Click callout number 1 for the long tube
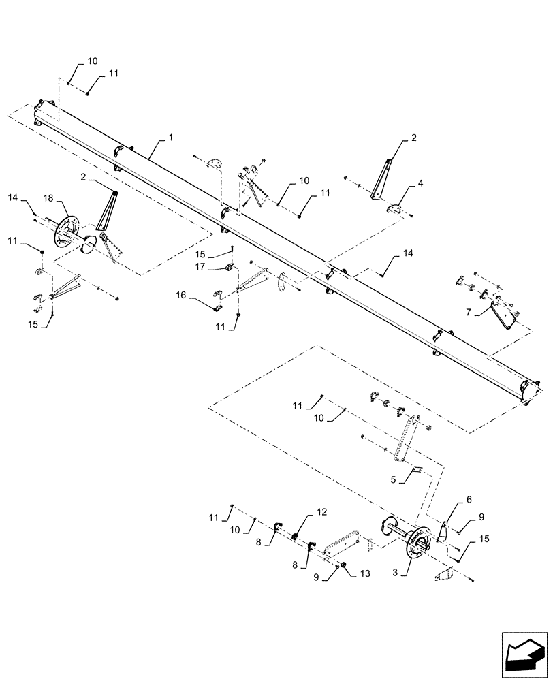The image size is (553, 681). coord(170,138)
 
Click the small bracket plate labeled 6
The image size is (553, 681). coord(441,532)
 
